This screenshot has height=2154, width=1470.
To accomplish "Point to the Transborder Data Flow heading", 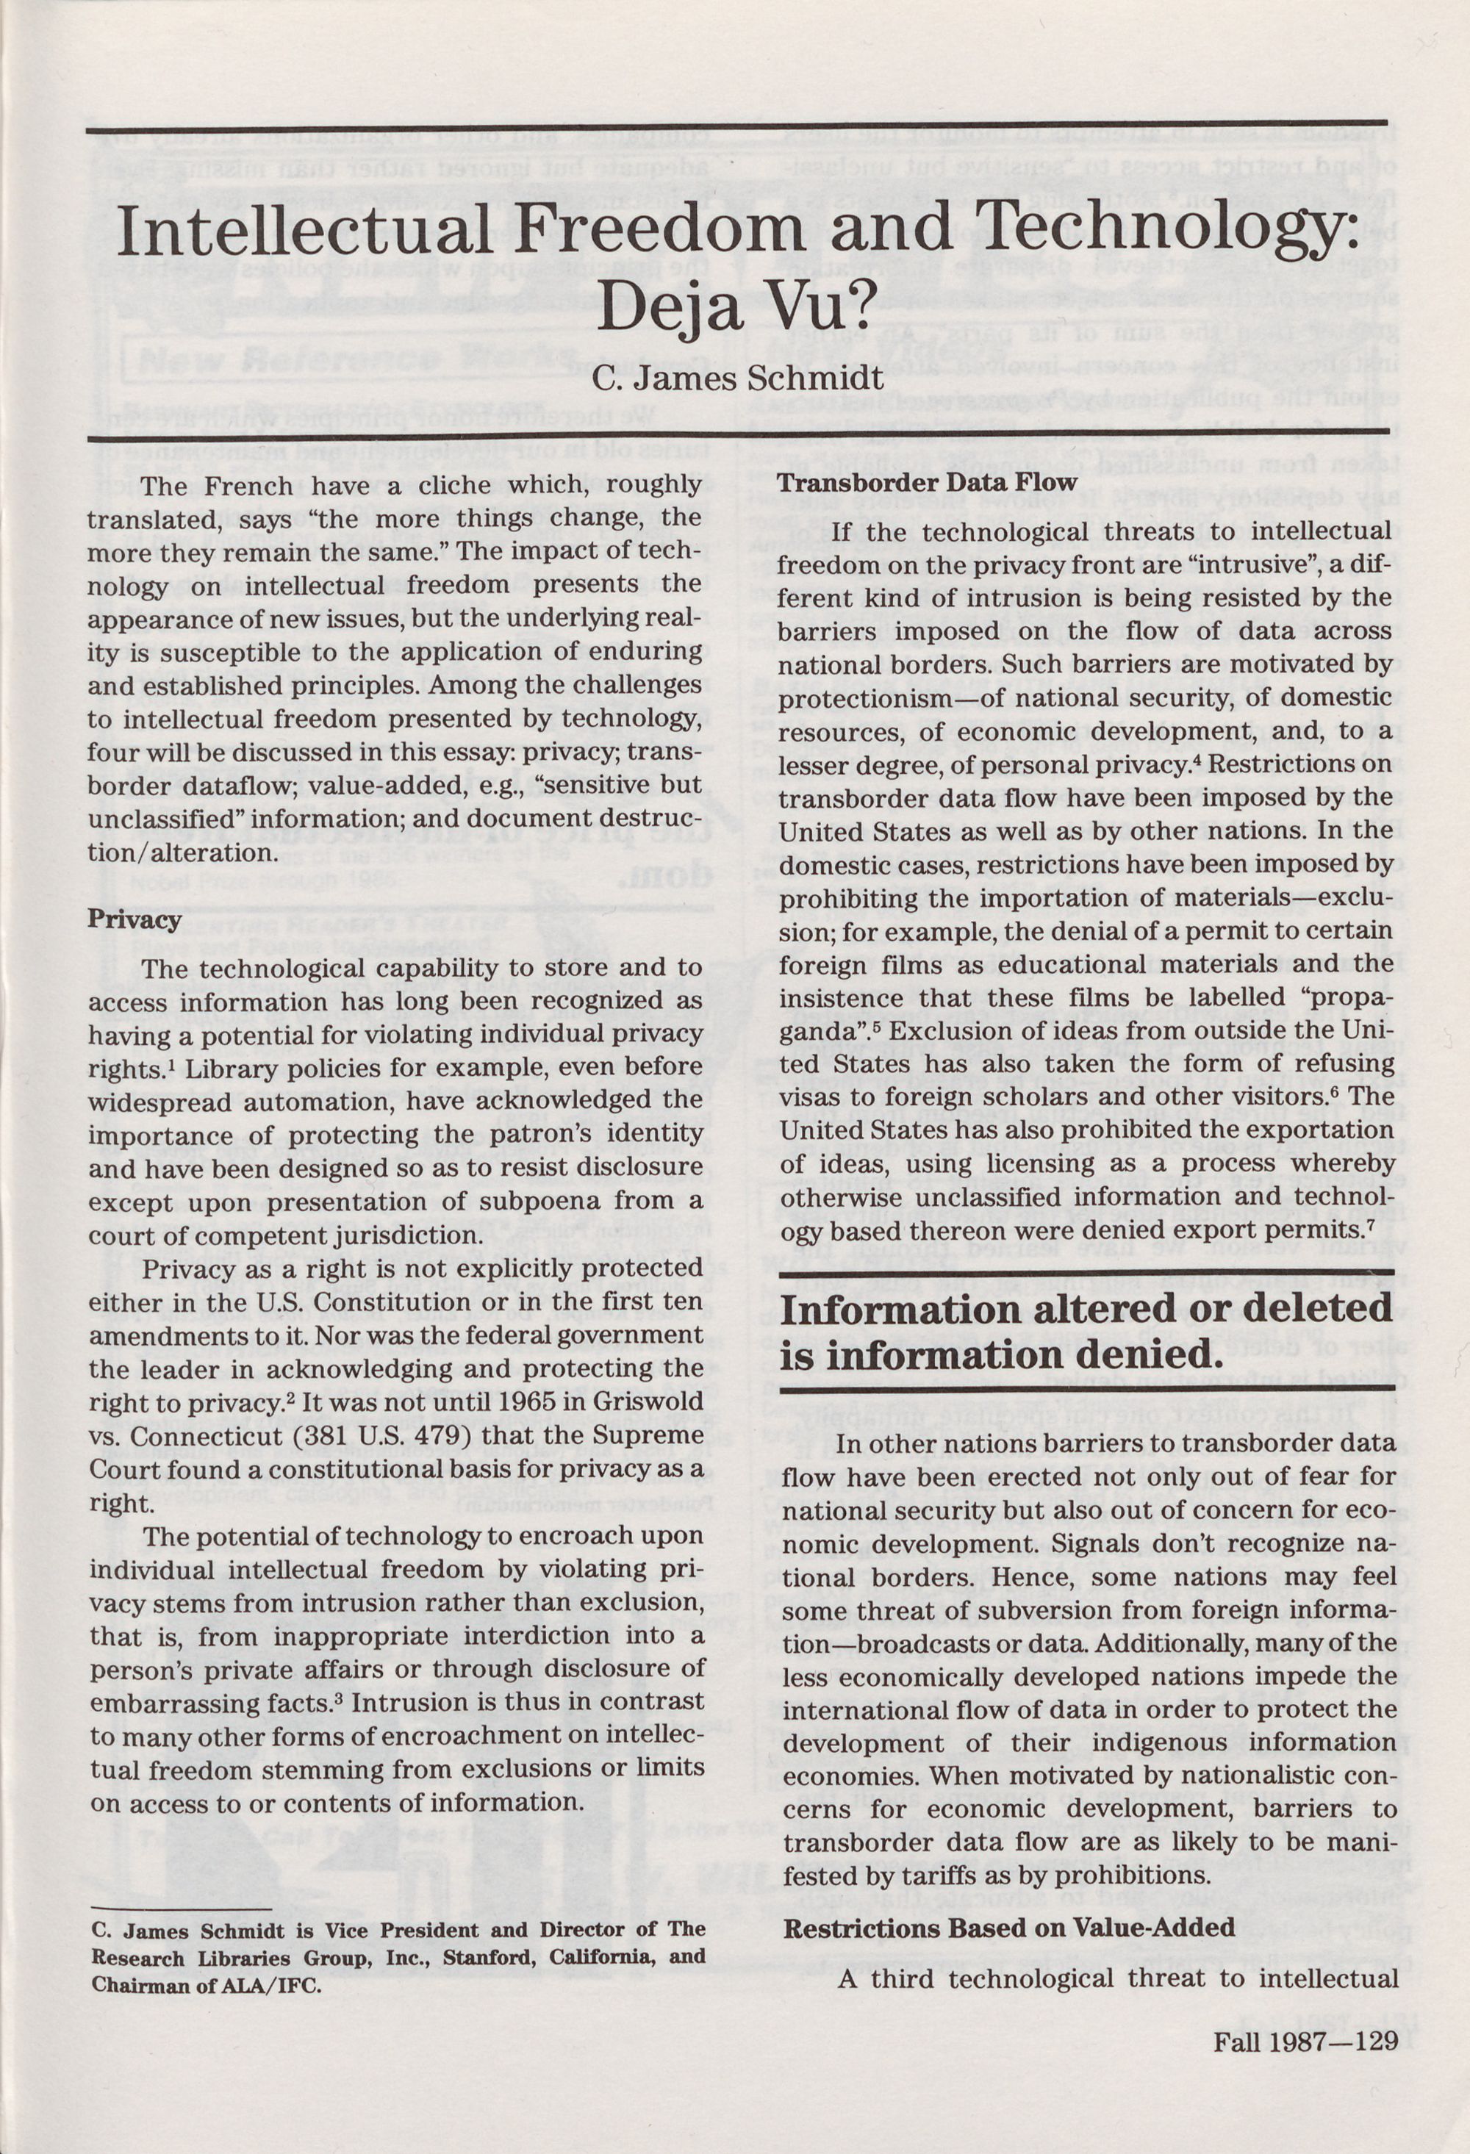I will point(927,482).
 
